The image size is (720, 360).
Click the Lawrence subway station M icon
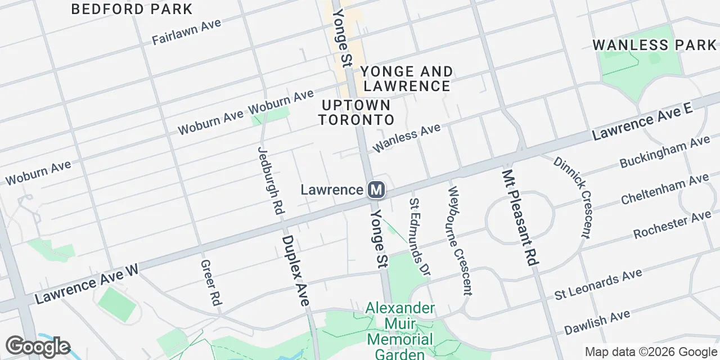[376, 190]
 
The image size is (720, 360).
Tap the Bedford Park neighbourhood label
[133, 9]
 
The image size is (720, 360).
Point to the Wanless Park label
[655, 45]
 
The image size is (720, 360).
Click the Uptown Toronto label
[355, 112]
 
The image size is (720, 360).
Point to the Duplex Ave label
[295, 270]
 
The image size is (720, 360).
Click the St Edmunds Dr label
[419, 236]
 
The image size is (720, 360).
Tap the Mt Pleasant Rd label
[521, 218]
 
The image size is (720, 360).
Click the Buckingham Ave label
[664, 152]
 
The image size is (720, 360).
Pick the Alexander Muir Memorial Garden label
[400, 332]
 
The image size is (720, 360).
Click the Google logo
[38, 346]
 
